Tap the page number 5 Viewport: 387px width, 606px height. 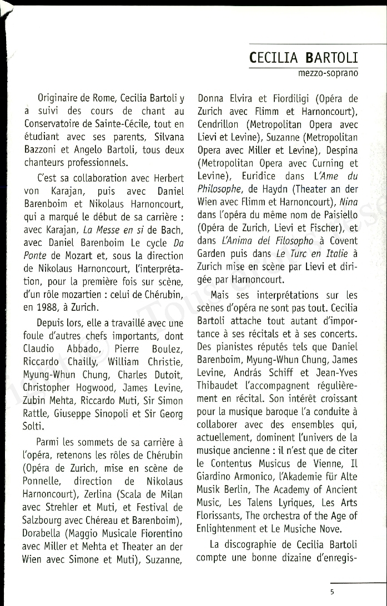[332, 591]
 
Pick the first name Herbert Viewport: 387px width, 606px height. [163, 178]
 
